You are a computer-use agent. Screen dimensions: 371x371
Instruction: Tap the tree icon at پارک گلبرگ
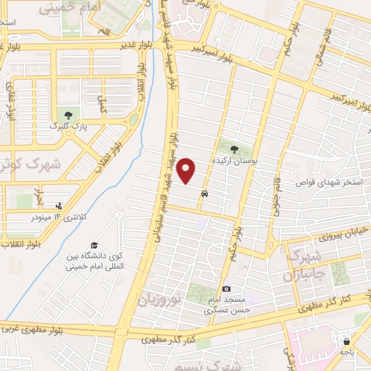tap(68, 114)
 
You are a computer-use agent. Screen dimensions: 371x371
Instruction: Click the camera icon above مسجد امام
tap(226, 289)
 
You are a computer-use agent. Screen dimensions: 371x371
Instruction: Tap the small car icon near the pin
tap(207, 194)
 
